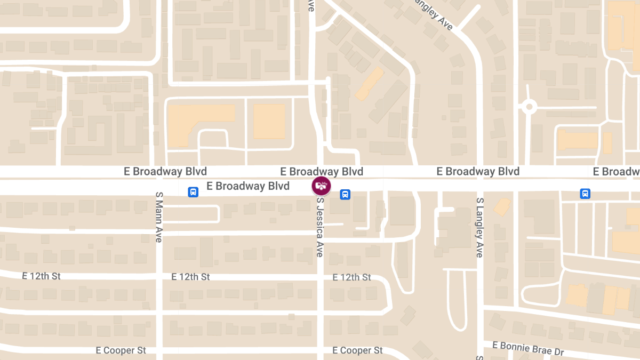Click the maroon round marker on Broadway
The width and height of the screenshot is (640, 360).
(321, 186)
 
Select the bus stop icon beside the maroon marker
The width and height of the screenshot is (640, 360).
(345, 194)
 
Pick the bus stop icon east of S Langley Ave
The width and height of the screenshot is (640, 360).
(585, 194)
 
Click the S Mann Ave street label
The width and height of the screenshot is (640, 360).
(158, 217)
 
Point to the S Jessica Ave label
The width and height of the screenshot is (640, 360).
(319, 227)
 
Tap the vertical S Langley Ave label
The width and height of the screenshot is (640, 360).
(479, 227)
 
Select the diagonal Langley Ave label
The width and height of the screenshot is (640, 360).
(433, 15)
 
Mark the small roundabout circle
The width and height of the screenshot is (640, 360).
(529, 107)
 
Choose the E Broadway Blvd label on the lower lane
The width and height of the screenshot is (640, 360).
(248, 186)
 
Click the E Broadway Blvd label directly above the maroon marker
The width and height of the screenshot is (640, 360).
(322, 171)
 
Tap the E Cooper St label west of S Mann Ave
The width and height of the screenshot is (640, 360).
(121, 350)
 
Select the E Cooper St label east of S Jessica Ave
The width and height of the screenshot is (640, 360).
(357, 350)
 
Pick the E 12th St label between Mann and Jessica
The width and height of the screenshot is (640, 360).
(190, 277)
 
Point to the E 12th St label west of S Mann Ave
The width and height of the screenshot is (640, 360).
(42, 276)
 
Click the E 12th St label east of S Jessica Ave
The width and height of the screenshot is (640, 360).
(351, 277)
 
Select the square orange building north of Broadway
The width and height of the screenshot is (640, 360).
(269, 122)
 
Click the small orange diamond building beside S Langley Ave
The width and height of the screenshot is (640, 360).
(501, 206)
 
